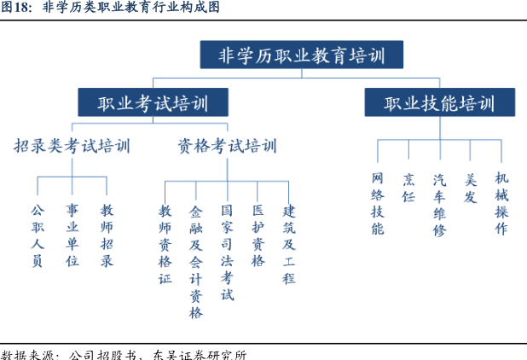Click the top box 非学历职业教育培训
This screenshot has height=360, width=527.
pyautogui.click(x=302, y=55)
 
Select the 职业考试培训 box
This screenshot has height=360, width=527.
pyautogui.click(x=153, y=102)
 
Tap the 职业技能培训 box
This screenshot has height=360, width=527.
pyautogui.click(x=440, y=102)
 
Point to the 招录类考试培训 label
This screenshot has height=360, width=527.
pyautogui.click(x=72, y=146)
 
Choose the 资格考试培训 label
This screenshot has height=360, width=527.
pyautogui.click(x=227, y=146)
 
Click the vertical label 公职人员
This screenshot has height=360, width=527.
pyautogui.click(x=38, y=235)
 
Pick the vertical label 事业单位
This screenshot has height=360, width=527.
pyautogui.click(x=72, y=235)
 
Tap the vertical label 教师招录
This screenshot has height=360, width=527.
pyautogui.click(x=107, y=235)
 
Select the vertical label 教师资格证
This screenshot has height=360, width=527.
pyautogui.click(x=165, y=245)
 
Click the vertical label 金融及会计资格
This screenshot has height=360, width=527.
pyautogui.click(x=196, y=262)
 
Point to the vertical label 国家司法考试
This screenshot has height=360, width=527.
pyautogui.click(x=227, y=253)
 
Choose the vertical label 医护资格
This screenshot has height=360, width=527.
pyautogui.click(x=258, y=235)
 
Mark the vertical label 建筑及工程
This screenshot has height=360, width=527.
pyautogui.click(x=289, y=245)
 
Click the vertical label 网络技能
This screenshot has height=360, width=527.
pyautogui.click(x=378, y=203)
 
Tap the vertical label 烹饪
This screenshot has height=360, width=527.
pyautogui.click(x=408, y=188)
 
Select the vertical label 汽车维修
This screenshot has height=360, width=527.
pyautogui.click(x=440, y=205)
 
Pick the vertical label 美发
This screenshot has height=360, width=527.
pyautogui.click(x=471, y=188)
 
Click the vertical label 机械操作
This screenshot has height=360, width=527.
pyautogui.click(x=501, y=203)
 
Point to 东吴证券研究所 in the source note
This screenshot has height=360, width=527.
pyautogui.click(x=200, y=355)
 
